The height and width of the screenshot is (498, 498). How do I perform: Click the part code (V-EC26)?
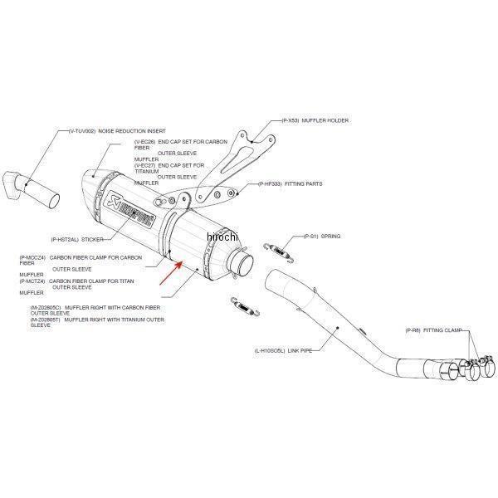145,142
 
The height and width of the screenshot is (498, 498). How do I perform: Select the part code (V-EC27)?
145,165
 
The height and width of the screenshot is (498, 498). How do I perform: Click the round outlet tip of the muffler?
242,266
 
